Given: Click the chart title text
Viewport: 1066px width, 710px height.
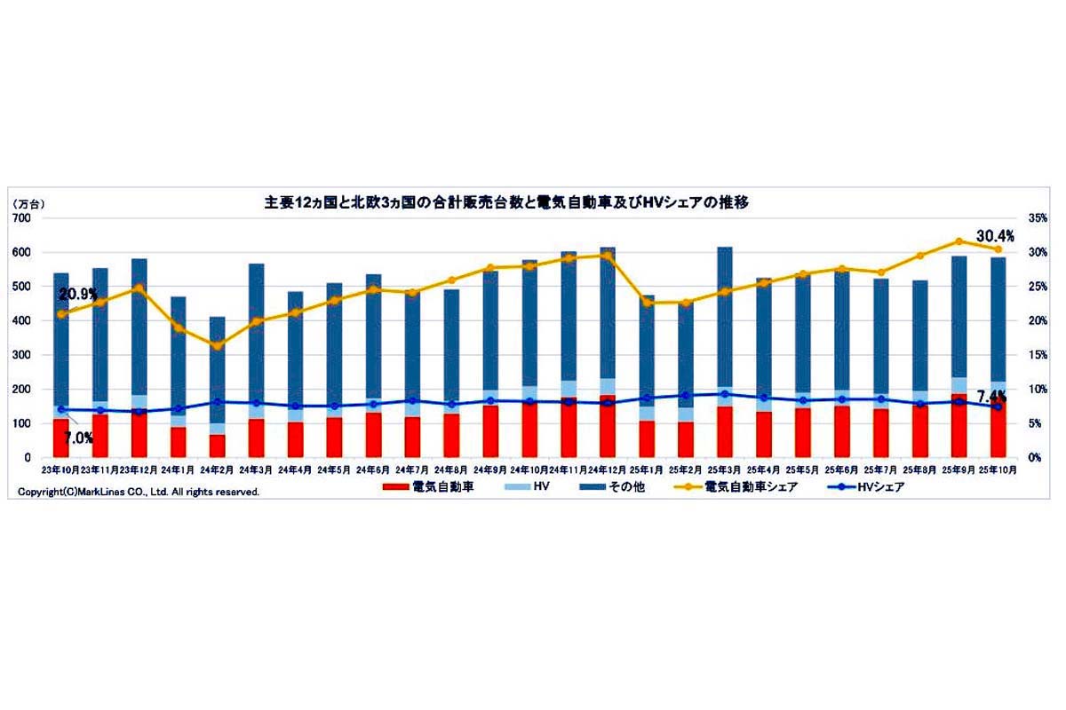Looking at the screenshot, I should pos(506,202).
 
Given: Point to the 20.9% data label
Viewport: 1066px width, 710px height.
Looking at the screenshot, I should pos(78,294).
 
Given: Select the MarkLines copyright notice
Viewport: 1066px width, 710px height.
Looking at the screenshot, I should pos(138,491).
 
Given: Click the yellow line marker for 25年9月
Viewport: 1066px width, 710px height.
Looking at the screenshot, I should pos(959,241).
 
